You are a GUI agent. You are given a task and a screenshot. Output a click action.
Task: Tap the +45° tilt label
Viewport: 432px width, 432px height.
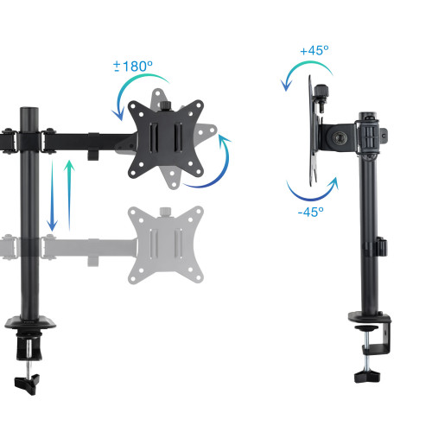[314, 51]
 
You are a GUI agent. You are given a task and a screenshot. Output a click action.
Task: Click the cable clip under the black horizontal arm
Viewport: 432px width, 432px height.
[92, 156]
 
